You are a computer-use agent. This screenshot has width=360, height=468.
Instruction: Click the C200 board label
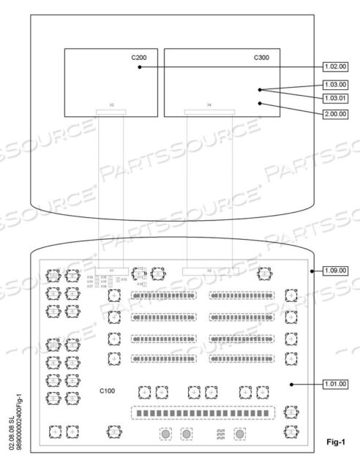coord(138,56)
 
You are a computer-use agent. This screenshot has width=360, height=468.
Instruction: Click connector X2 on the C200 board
coord(111,112)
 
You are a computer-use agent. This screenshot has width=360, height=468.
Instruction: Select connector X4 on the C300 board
coord(209,112)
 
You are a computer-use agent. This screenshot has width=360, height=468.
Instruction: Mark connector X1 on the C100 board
coord(111,271)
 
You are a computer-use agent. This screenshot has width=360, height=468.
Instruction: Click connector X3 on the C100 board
coord(209,271)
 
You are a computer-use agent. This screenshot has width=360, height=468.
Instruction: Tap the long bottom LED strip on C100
coord(205,413)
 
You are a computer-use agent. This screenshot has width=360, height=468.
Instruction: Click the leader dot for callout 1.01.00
coord(291,384)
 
